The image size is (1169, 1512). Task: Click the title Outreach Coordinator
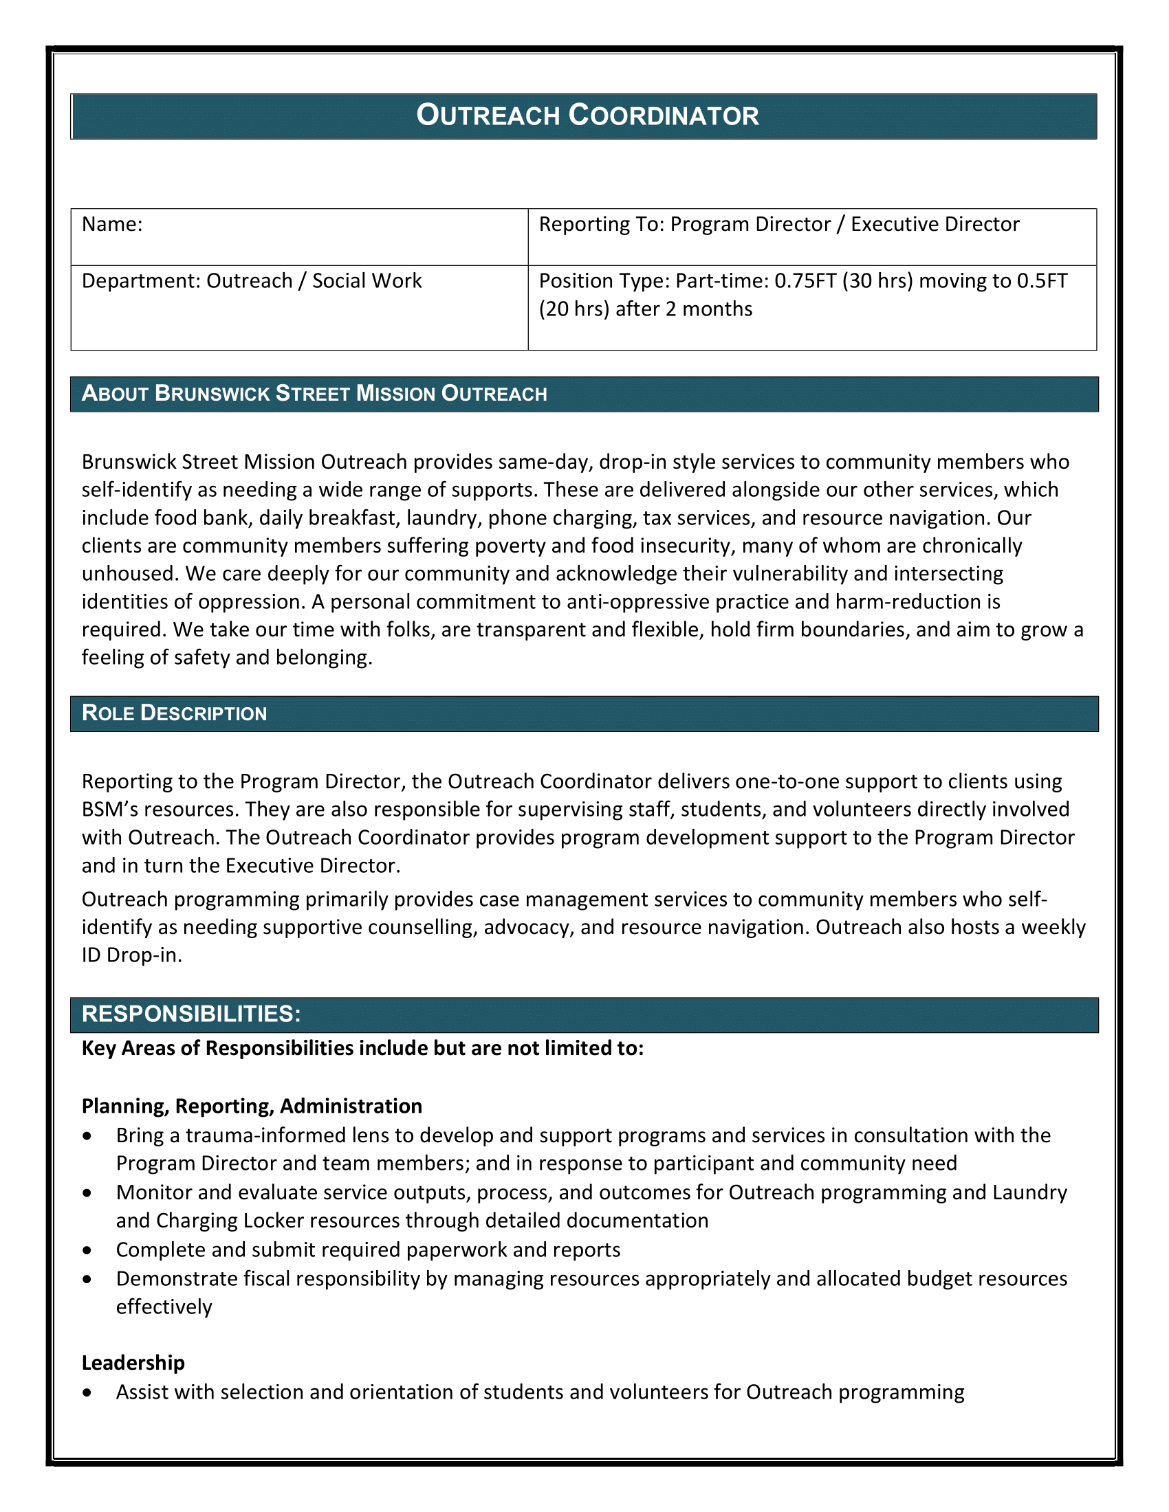coord(587,115)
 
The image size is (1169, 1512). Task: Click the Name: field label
coord(112,224)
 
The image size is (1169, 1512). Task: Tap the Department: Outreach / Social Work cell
coord(252,281)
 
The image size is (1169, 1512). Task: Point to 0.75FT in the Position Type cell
coord(805,281)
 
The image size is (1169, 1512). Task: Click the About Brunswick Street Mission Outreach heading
coord(314,394)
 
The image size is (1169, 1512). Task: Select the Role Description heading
coord(175,713)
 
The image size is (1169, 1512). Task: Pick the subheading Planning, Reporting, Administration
coord(252,1107)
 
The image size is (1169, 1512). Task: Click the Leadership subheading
coord(133,1363)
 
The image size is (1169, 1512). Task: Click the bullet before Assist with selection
coord(87,1393)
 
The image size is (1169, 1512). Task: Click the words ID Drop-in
coord(131,955)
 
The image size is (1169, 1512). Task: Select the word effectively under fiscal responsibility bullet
coord(164,1307)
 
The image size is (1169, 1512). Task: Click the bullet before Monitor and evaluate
coord(87,1194)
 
